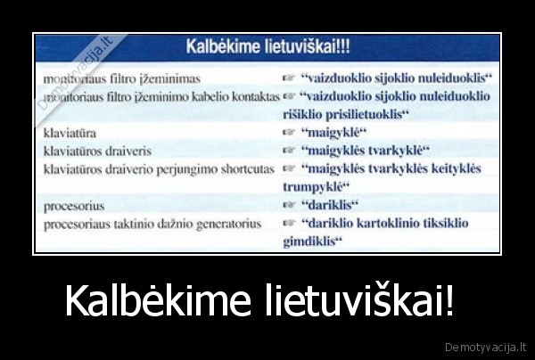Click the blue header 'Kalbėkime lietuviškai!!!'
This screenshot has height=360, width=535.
tap(267, 45)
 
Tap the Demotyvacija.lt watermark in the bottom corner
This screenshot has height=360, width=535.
tap(485, 347)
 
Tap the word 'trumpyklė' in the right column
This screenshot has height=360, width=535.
tap(317, 186)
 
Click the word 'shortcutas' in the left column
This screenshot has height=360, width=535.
tap(243, 168)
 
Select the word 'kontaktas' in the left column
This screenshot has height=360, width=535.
tap(248, 95)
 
